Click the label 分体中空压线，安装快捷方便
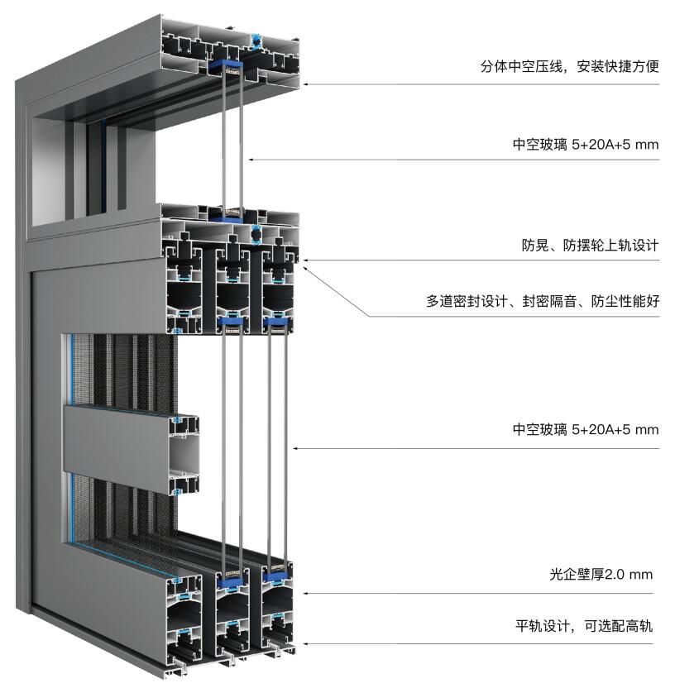569,66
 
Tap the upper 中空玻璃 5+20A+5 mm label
586,145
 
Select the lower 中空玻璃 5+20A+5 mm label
586,429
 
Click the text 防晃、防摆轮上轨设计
590,245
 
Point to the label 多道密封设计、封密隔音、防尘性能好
543,301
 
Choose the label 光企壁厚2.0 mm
601,575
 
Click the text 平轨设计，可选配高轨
584,626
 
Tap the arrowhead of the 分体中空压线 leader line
305,84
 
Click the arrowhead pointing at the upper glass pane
251,160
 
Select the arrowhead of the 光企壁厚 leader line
305,593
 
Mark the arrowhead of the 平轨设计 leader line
305,643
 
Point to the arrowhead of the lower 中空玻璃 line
295,448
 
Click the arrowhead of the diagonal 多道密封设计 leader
306,269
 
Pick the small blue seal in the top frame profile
256,40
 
